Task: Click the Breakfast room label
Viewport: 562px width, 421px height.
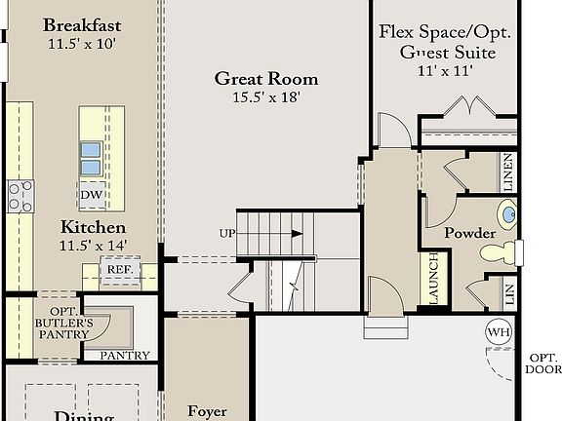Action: coord(81,24)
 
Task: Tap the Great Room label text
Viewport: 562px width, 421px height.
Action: coord(266,79)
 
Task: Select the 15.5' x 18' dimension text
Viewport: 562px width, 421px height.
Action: coord(266,97)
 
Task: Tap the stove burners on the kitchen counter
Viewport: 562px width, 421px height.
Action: coord(20,196)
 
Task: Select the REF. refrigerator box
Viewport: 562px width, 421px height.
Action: coord(120,269)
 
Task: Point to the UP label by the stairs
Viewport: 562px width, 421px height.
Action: coord(226,234)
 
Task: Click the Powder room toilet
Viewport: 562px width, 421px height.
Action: coord(499,253)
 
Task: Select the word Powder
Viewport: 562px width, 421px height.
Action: coord(470,234)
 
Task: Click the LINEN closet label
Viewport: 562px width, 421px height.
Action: coord(508,172)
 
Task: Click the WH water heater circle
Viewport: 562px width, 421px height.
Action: coord(499,332)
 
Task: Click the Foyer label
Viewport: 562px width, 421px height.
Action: coord(208,412)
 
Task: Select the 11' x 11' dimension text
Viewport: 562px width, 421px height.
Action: coord(447,70)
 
